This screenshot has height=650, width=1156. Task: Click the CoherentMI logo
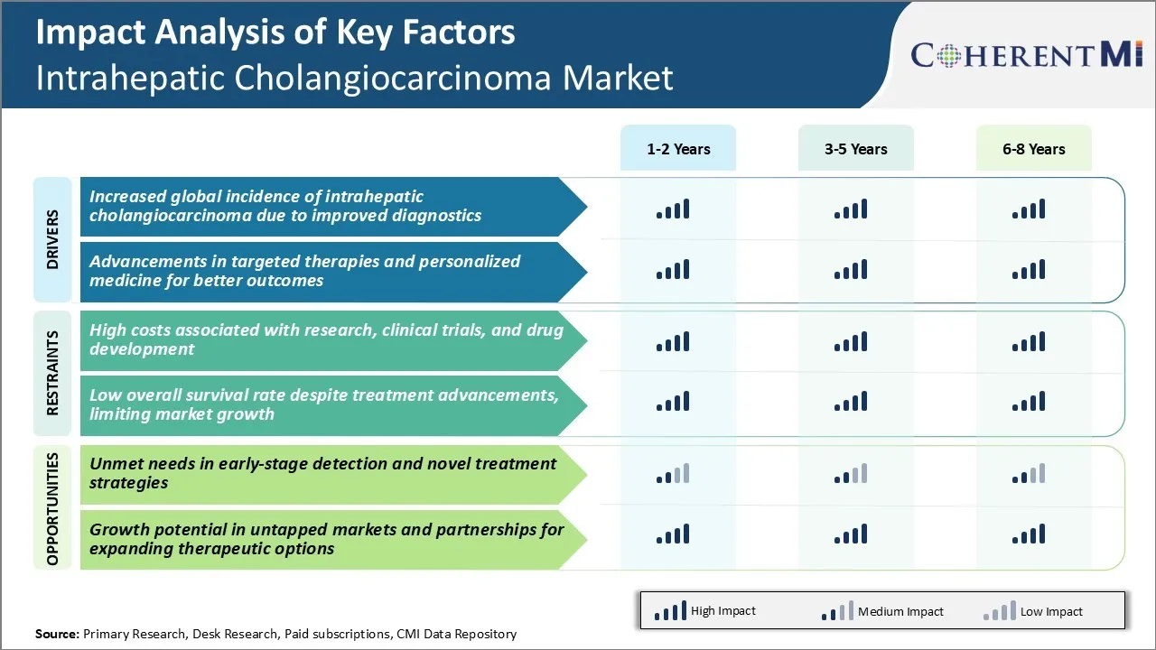[1027, 55]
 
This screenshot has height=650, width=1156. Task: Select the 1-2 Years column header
[678, 149]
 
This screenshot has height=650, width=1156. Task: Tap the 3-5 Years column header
[855, 149]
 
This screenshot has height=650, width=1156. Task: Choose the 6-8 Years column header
[1033, 149]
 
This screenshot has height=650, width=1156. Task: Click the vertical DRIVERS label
[52, 240]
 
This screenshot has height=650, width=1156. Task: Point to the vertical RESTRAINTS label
[52, 373]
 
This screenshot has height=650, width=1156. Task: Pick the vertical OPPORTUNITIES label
[52, 509]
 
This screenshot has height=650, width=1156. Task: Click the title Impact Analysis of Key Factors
[275, 32]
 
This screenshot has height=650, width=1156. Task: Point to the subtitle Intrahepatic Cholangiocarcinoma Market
[354, 78]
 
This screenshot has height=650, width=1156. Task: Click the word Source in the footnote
[57, 634]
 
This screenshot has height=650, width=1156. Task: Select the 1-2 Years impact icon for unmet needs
[673, 474]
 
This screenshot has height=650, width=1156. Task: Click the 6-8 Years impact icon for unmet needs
[1029, 474]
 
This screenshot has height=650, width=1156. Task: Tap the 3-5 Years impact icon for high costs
[851, 341]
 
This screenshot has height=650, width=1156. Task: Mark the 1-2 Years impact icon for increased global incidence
[673, 209]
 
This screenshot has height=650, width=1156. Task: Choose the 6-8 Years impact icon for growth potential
[1029, 534]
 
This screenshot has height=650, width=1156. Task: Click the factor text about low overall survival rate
[323, 404]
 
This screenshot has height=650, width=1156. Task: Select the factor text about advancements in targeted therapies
[305, 271]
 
